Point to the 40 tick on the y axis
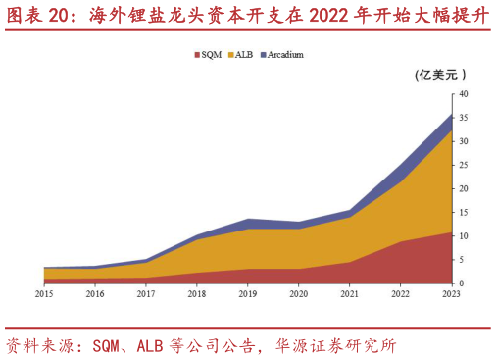(463, 94)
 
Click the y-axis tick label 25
(463, 165)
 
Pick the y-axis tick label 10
(463, 236)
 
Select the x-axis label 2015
(44, 293)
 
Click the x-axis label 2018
(197, 293)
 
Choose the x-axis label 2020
(298, 293)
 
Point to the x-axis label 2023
(451, 293)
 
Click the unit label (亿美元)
(440, 75)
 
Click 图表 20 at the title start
(38, 15)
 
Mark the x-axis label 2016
(95, 293)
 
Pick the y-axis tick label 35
(463, 118)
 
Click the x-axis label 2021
(349, 293)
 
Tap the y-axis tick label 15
(463, 213)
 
